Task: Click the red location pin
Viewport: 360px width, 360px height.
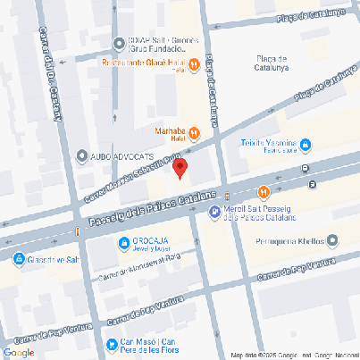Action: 180,168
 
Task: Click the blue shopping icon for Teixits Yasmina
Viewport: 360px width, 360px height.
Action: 305,143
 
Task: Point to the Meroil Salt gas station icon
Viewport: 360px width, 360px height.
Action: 213,212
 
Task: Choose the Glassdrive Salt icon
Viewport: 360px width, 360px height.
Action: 18,259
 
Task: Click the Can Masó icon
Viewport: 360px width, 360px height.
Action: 111,343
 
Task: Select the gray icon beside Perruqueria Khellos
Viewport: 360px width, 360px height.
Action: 332,239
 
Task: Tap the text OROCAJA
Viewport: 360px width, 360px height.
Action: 153,240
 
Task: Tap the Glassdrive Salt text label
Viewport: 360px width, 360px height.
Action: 57,259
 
